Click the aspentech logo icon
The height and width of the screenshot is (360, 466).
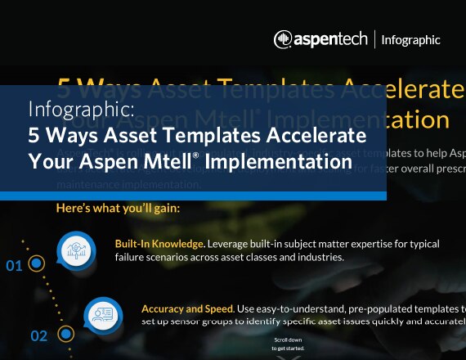pos(282,38)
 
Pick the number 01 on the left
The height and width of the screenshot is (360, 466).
pos(14,266)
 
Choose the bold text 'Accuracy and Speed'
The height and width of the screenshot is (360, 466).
pos(187,308)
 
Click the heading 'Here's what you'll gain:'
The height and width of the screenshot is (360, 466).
pos(118,209)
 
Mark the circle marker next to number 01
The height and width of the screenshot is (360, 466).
pos(36,264)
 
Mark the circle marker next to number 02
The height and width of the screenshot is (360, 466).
pos(65,334)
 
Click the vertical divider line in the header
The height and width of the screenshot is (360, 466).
pos(374,39)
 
